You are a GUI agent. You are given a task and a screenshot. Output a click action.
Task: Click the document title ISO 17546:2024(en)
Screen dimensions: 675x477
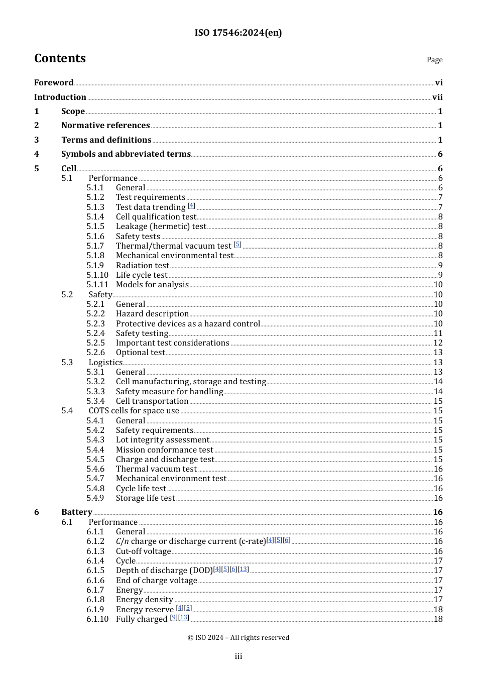point(238,33)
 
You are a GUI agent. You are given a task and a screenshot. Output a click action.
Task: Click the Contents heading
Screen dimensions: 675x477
point(60,58)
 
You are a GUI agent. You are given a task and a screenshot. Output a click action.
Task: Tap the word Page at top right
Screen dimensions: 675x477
point(434,60)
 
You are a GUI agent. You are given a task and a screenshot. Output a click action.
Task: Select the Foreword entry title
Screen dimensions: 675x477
point(54,82)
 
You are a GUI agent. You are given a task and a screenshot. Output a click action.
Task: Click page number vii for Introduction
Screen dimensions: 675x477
point(437,97)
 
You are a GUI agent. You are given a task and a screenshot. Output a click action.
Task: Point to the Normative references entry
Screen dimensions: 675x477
point(105,126)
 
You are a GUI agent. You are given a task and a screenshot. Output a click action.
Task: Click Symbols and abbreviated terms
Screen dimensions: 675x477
point(126,154)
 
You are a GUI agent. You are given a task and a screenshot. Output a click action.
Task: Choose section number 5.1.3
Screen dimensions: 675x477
point(95,207)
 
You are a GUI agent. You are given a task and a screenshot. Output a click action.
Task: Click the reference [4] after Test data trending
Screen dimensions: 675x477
point(191,205)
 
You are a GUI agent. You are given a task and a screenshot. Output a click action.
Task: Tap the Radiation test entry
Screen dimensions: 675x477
point(143,265)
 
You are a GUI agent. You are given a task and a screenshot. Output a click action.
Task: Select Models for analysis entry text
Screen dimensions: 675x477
point(152,285)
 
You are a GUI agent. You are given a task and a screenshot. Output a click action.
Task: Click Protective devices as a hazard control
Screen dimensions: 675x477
point(188,324)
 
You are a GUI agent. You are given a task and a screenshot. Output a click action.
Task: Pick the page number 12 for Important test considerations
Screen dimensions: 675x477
point(438,343)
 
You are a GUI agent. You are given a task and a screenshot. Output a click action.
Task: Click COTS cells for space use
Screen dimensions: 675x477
point(134,411)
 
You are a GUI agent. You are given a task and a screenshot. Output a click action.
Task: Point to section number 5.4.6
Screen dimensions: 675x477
point(95,469)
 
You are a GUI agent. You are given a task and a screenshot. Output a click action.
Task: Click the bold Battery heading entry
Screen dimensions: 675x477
point(77,512)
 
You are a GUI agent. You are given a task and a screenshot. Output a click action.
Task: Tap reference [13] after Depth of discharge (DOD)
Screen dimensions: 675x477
point(244,569)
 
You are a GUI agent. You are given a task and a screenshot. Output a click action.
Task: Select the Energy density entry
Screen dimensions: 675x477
point(144,600)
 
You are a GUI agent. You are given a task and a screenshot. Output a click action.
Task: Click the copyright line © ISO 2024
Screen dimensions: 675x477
point(238,637)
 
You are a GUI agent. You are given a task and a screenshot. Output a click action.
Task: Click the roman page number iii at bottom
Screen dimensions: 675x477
point(238,656)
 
